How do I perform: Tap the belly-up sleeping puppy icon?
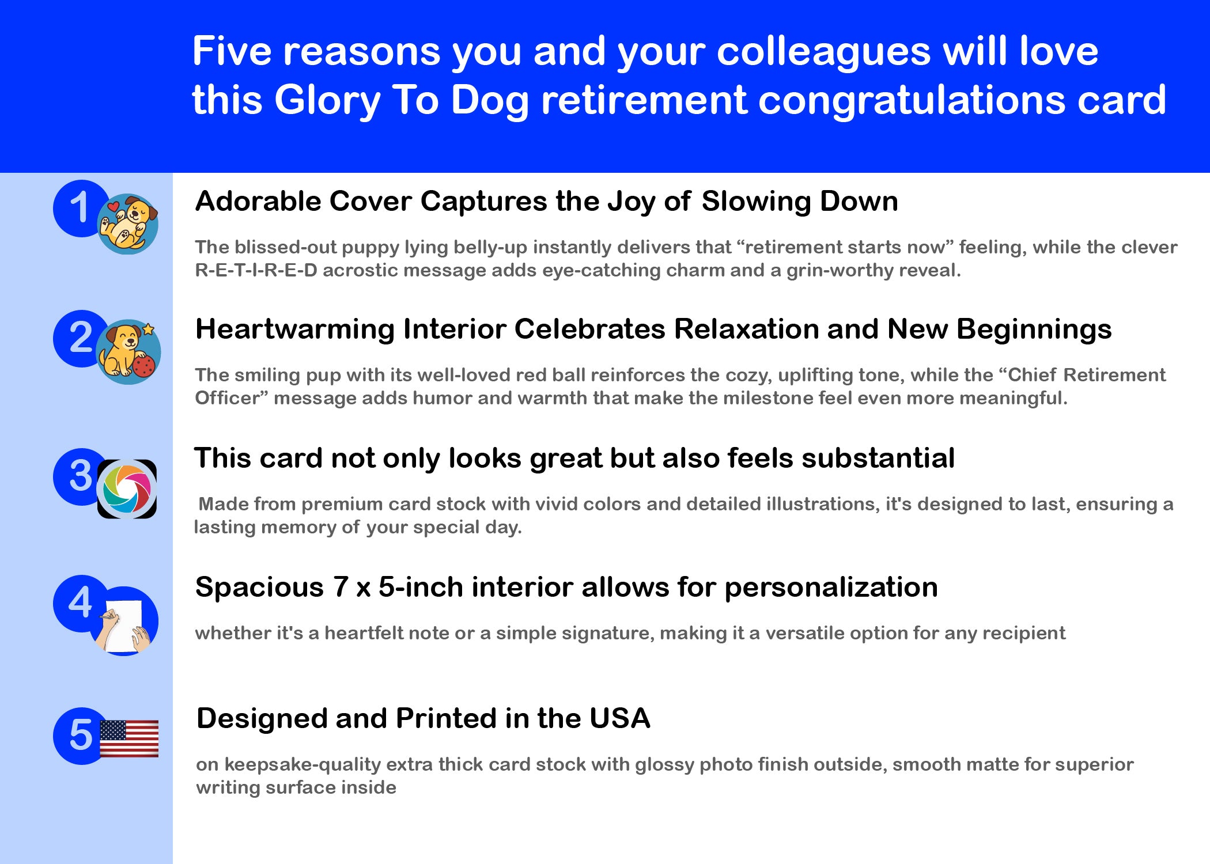tap(128, 224)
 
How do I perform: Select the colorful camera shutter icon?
tap(127, 489)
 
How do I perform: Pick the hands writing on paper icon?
tap(124, 625)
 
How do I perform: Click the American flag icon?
tap(129, 738)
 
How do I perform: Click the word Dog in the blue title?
tap(490, 101)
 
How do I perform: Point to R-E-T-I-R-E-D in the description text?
tap(256, 270)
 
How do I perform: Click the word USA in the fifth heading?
tap(620, 718)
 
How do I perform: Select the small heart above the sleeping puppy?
tap(113, 206)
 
